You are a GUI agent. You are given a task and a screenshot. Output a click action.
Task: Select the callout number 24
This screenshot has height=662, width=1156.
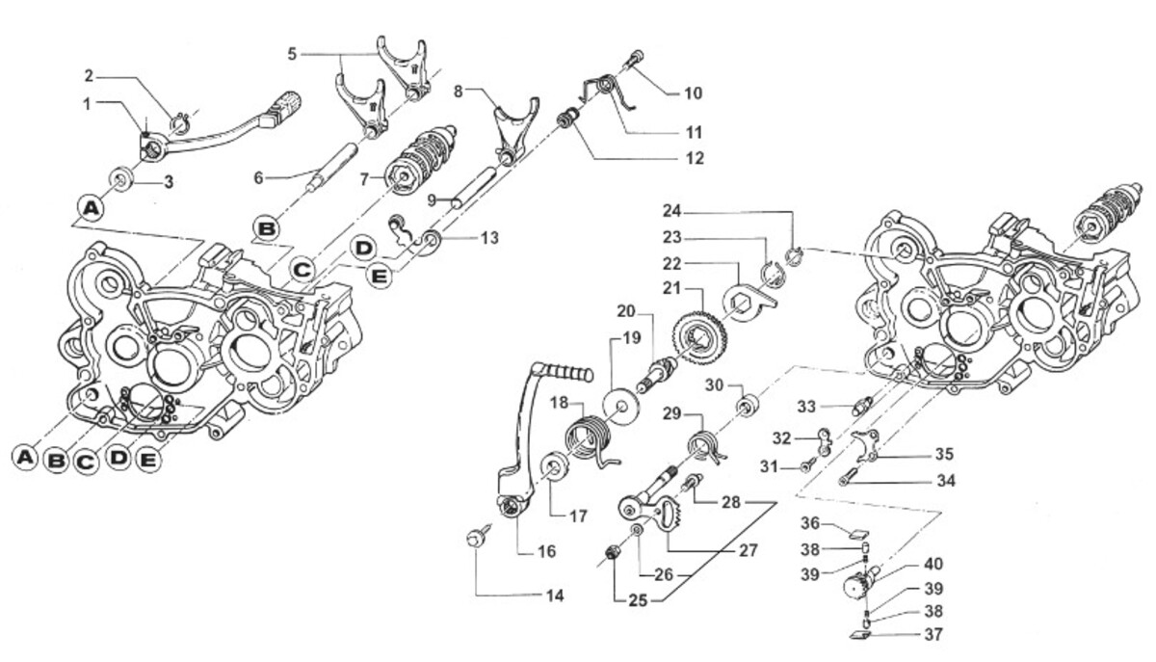coord(671,210)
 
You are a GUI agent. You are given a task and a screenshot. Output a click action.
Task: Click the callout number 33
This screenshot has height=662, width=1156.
coord(805,405)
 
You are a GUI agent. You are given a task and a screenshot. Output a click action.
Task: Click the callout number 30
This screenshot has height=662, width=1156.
coord(714,385)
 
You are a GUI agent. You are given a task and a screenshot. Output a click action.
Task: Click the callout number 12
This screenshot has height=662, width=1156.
coord(694,157)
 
